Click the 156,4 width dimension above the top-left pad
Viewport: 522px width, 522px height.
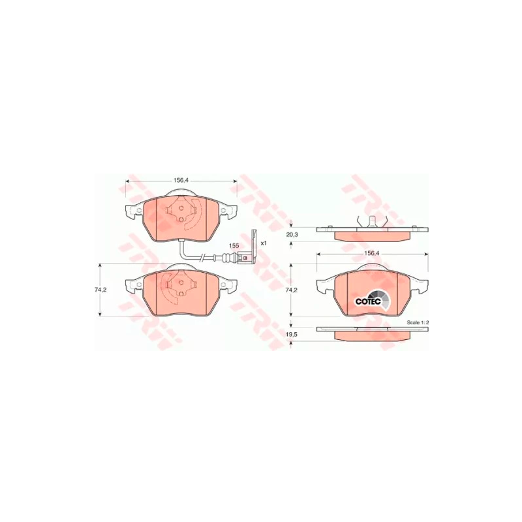coord(181,180)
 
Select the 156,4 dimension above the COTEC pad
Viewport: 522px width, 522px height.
coord(372,253)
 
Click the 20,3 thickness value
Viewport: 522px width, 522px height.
coord(292,235)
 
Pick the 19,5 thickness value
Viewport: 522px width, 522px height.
coord(292,335)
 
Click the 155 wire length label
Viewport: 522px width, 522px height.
coord(234,246)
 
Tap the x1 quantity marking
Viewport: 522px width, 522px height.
coord(264,243)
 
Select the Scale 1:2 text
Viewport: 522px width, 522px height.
coord(418,322)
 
